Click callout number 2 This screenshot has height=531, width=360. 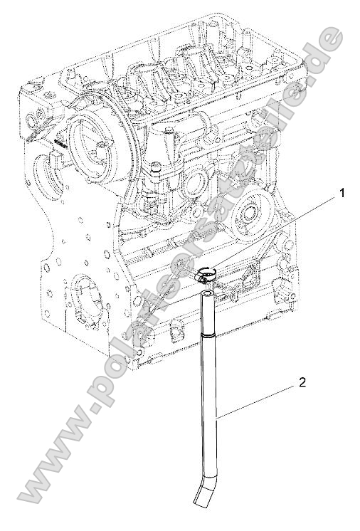click(x=303, y=382)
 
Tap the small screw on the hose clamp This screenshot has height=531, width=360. click(x=202, y=279)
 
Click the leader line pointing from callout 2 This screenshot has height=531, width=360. click(x=256, y=399)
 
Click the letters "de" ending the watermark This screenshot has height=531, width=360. click(x=326, y=46)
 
